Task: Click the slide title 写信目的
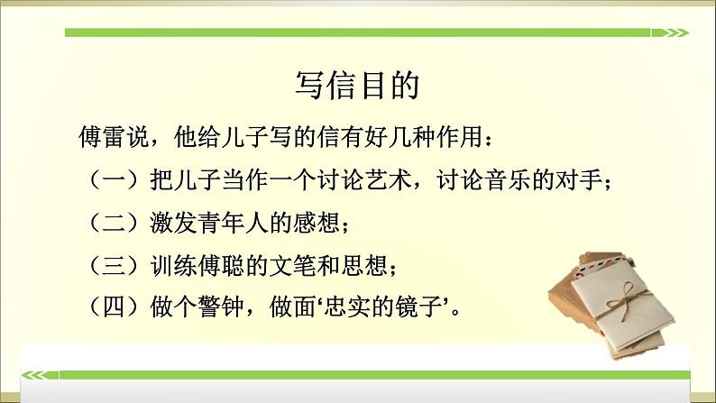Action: pyautogui.click(x=357, y=87)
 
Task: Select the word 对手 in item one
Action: pyautogui.click(x=583, y=180)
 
